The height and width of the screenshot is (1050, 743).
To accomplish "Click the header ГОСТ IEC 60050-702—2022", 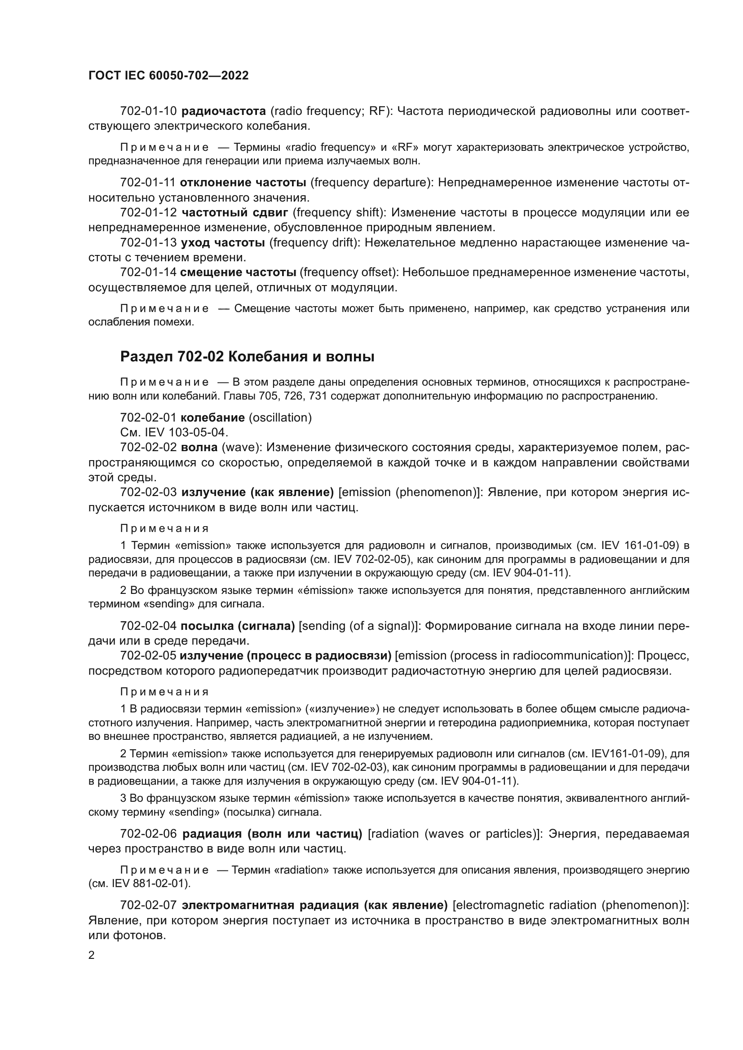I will click(x=168, y=75).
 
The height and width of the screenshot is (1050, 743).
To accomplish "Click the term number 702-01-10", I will click(x=148, y=111).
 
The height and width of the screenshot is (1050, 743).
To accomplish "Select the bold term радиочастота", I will click(x=224, y=111).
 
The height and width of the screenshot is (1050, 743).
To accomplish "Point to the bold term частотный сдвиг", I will click(x=234, y=212).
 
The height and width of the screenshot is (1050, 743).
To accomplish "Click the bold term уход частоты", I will click(x=223, y=242).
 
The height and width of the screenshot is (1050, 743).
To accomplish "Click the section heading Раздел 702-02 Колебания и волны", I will click(x=247, y=357).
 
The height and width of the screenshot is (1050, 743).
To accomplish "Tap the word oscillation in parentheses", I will click(x=280, y=417).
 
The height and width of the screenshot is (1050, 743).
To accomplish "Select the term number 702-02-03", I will click(x=148, y=492).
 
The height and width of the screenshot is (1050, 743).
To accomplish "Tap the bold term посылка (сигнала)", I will click(x=238, y=626).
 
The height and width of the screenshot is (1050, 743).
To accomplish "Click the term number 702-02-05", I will click(x=148, y=656).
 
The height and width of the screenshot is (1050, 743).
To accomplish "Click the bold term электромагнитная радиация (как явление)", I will click(x=314, y=905).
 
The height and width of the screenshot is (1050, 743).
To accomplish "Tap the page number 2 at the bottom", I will click(x=91, y=955).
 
